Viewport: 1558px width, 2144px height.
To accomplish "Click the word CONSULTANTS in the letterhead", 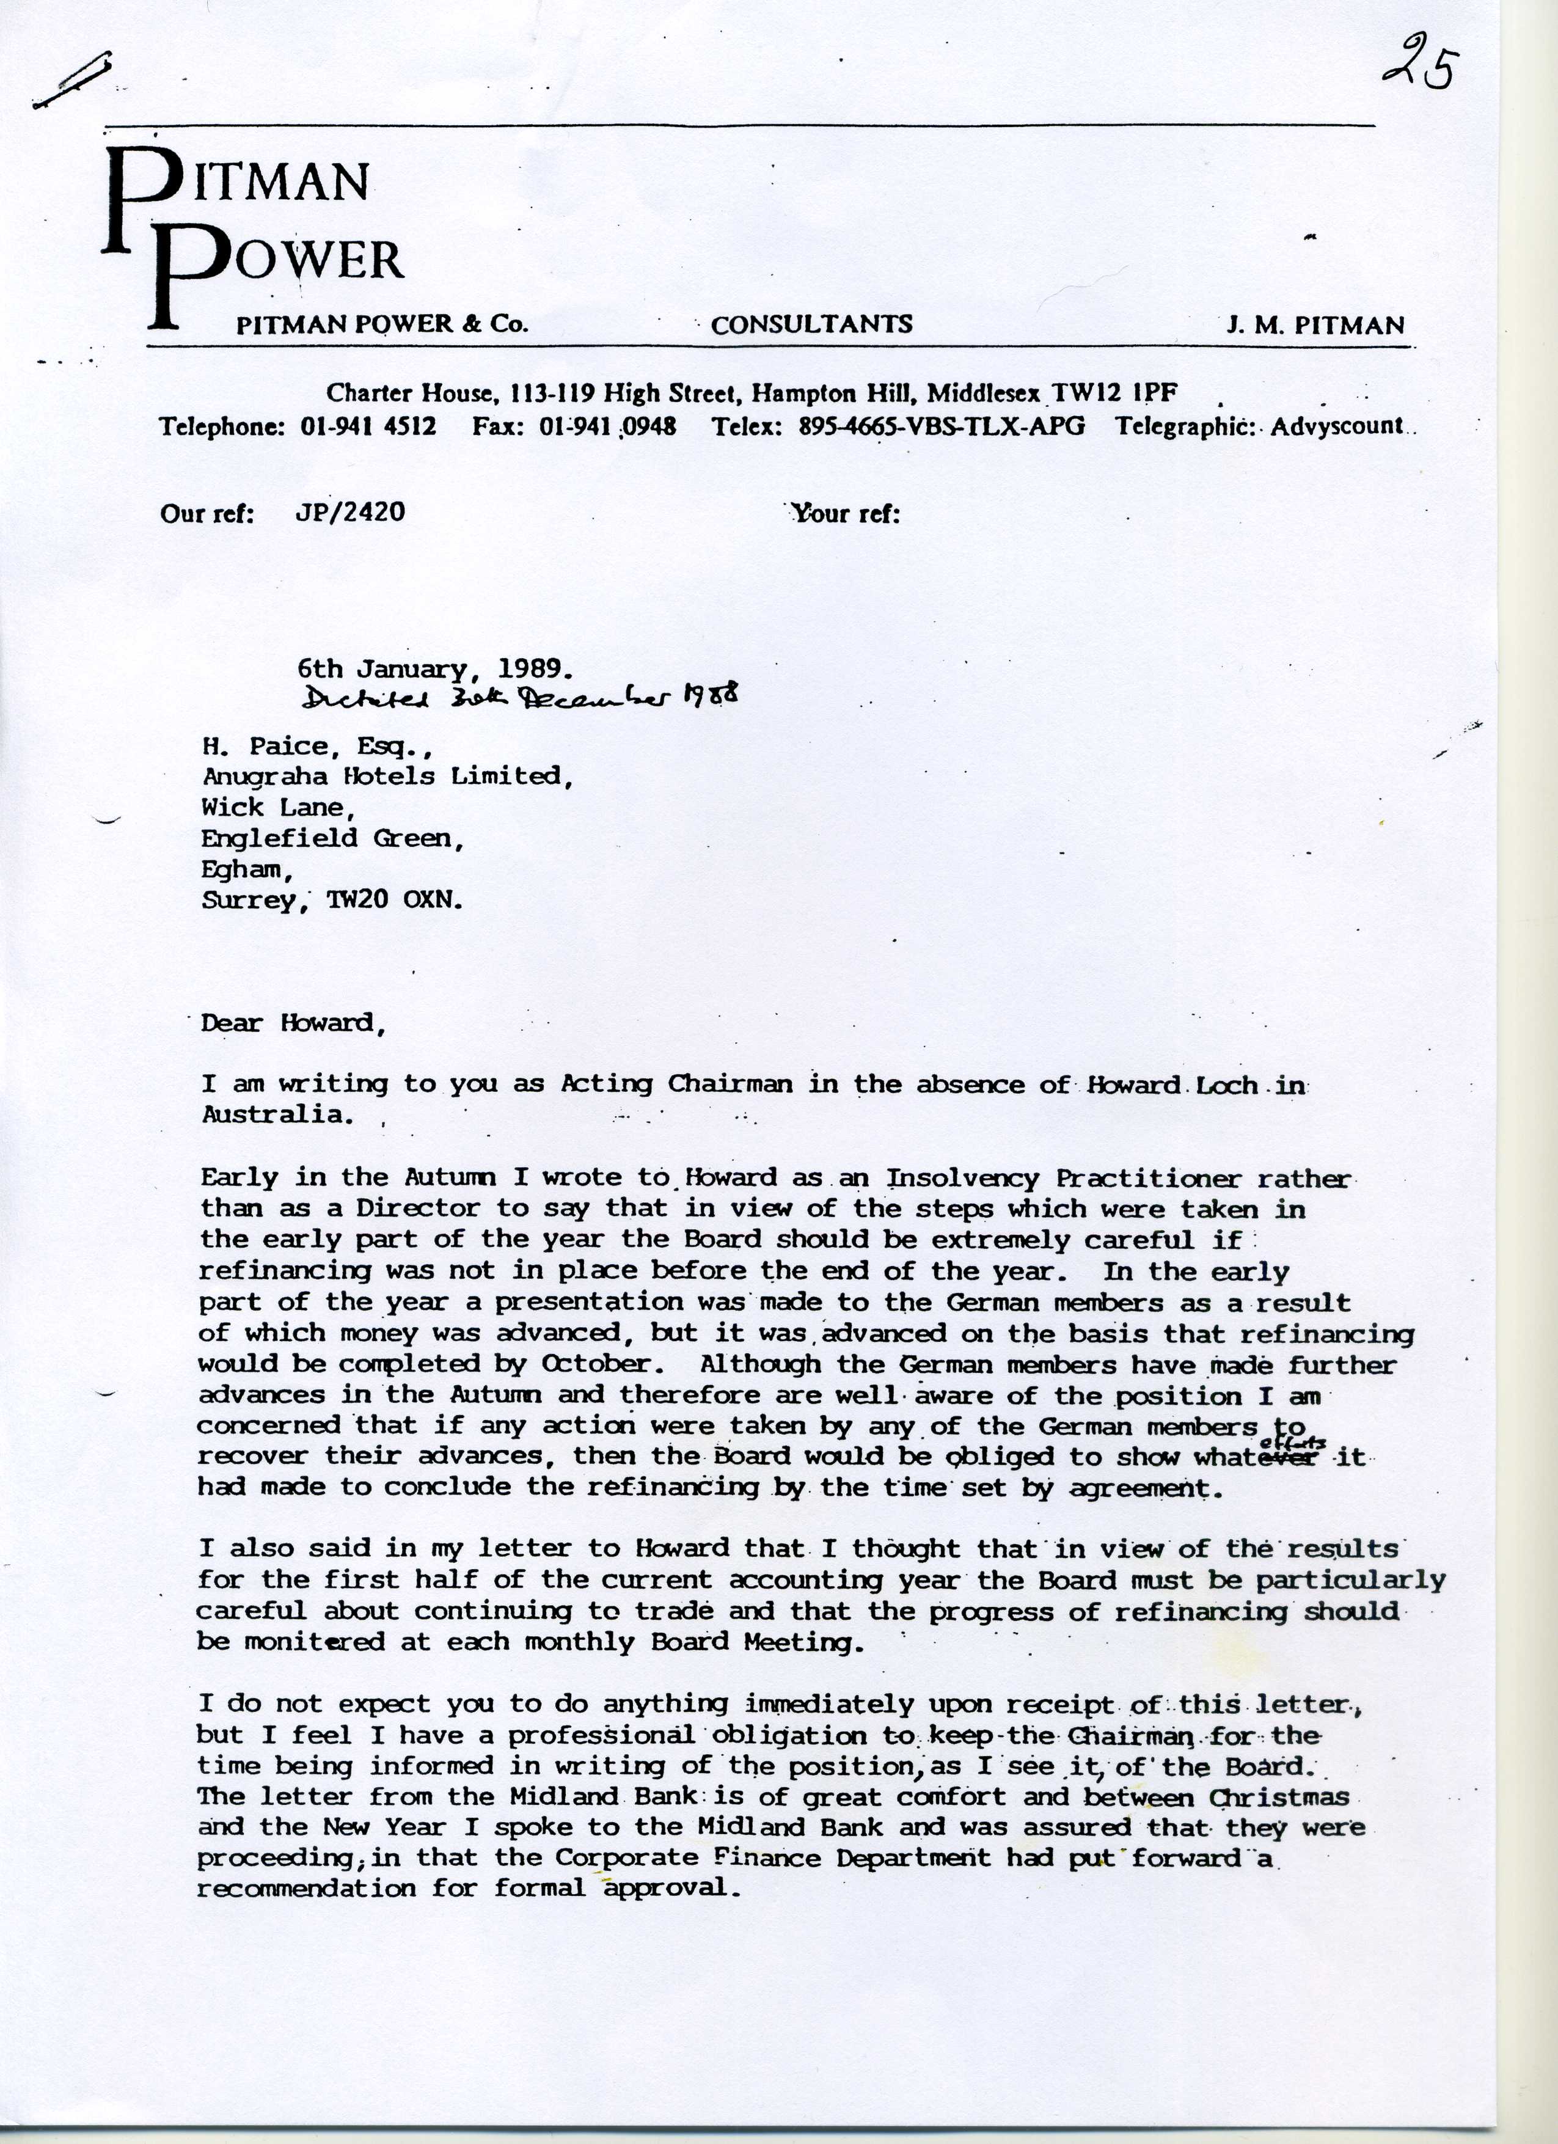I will [811, 324].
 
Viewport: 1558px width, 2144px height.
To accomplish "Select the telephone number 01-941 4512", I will [368, 426].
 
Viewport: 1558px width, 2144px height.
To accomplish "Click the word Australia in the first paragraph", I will [277, 1114].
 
